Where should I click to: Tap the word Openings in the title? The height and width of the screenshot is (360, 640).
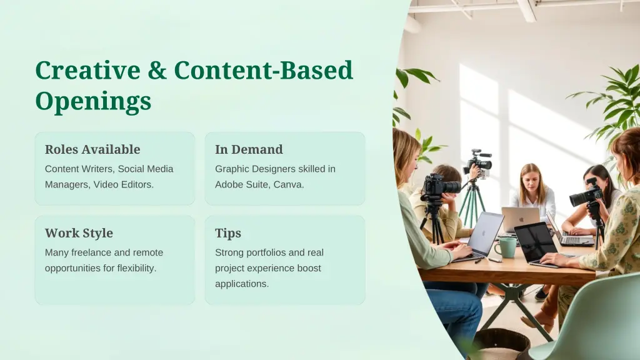(93, 101)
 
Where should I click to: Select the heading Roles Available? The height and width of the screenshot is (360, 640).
(92, 149)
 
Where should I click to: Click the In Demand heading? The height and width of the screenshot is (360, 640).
(249, 149)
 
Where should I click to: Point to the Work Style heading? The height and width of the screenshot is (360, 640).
(79, 233)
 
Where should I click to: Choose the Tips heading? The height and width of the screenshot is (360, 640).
(228, 233)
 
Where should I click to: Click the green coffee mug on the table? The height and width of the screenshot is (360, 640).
(505, 247)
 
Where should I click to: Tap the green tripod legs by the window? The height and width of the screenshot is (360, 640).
(472, 203)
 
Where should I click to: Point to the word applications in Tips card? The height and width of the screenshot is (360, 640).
(242, 284)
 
